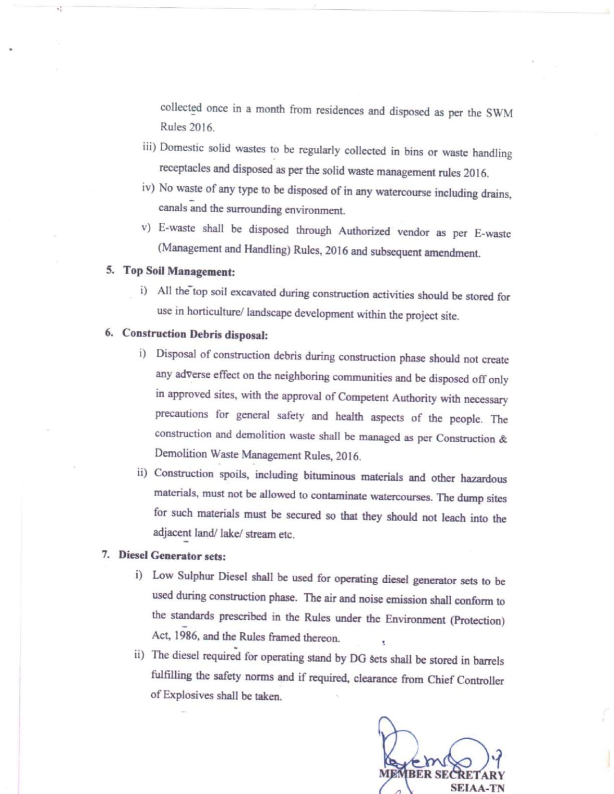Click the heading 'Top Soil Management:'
click(x=179, y=271)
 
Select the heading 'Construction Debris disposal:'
click(x=195, y=334)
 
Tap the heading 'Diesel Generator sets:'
click(x=172, y=556)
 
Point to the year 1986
click(x=185, y=635)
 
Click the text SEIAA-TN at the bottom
click(x=477, y=788)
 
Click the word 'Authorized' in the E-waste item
click(x=364, y=231)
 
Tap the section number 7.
click(x=105, y=554)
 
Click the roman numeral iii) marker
click(x=149, y=147)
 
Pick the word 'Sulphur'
click(x=196, y=576)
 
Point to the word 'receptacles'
click(x=184, y=168)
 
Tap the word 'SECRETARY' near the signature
click(x=470, y=775)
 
